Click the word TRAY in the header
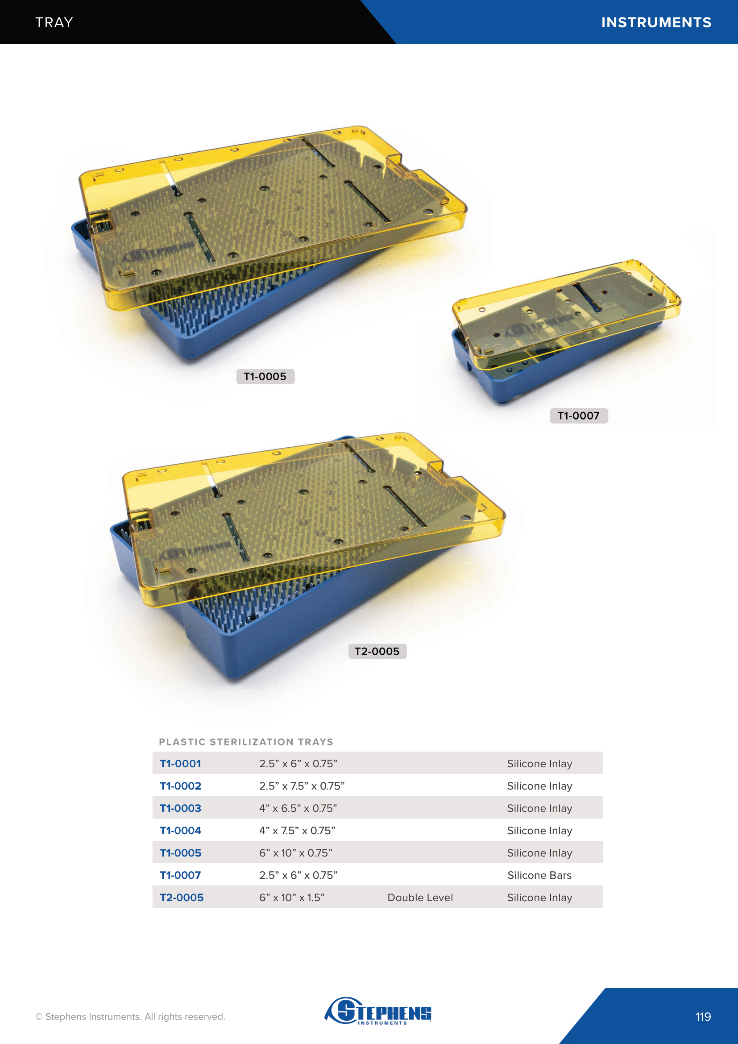point(54,22)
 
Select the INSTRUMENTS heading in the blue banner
point(656,22)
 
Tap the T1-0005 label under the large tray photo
point(265,377)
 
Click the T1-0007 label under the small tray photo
point(579,416)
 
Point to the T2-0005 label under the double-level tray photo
point(377,651)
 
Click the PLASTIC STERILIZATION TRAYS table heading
point(246,742)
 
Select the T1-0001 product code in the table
point(180,763)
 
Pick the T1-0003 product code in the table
point(180,808)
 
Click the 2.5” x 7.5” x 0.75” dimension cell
point(302,786)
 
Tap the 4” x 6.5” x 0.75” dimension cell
point(298,808)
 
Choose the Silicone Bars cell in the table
point(539,875)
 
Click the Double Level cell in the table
point(420,898)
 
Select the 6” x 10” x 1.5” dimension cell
point(292,898)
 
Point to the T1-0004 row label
point(180,830)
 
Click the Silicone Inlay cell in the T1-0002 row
point(539,786)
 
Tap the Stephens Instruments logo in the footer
point(378,1011)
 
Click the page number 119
point(703,1017)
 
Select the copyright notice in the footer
point(130,1017)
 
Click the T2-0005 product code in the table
point(181,898)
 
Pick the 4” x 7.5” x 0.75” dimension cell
point(297,830)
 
